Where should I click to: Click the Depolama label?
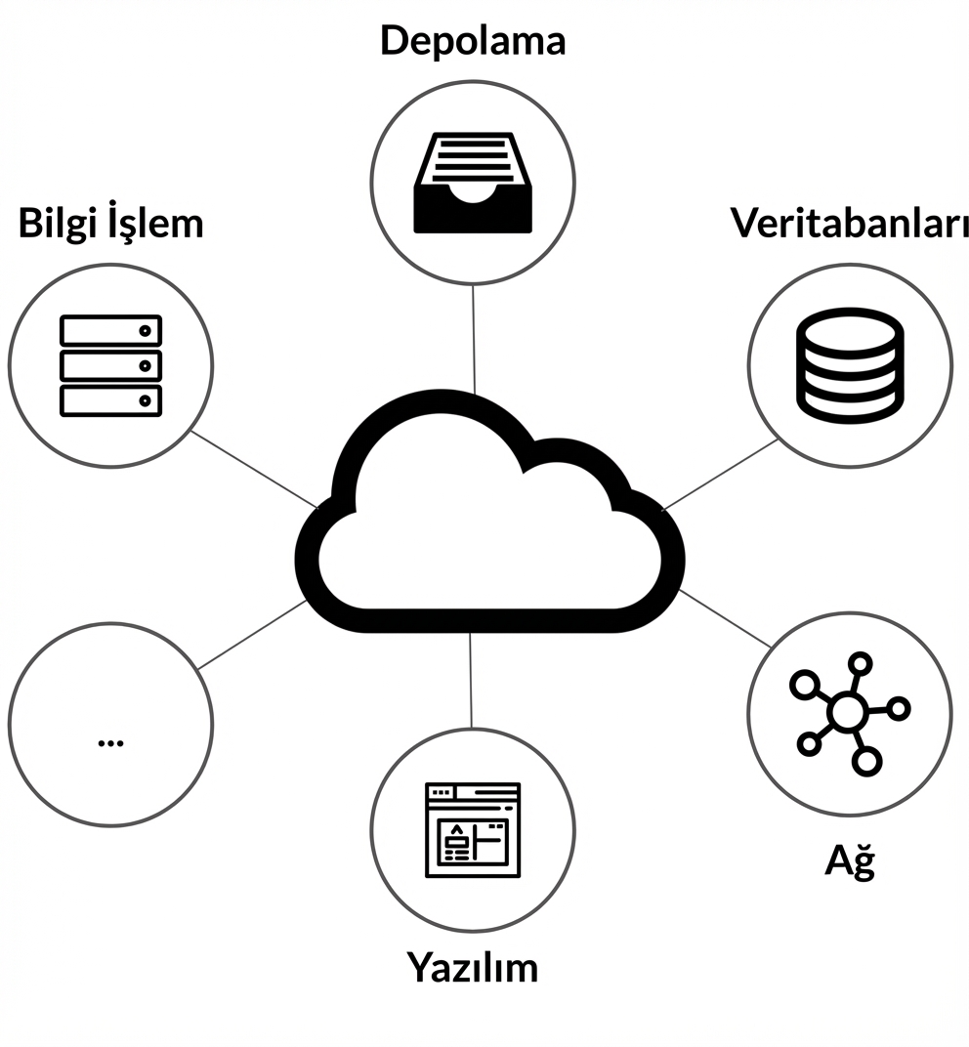[473, 41]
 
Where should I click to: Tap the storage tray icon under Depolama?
[473, 184]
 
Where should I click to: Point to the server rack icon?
[110, 364]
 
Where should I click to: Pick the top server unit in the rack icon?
[110, 330]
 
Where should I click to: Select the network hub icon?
[848, 713]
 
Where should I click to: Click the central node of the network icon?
[846, 713]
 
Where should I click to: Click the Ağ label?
[849, 859]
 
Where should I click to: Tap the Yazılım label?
[473, 967]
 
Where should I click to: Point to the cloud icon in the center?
[488, 518]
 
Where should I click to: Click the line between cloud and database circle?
[721, 474]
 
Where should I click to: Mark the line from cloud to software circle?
[471, 679]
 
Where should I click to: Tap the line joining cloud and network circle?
[726, 618]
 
